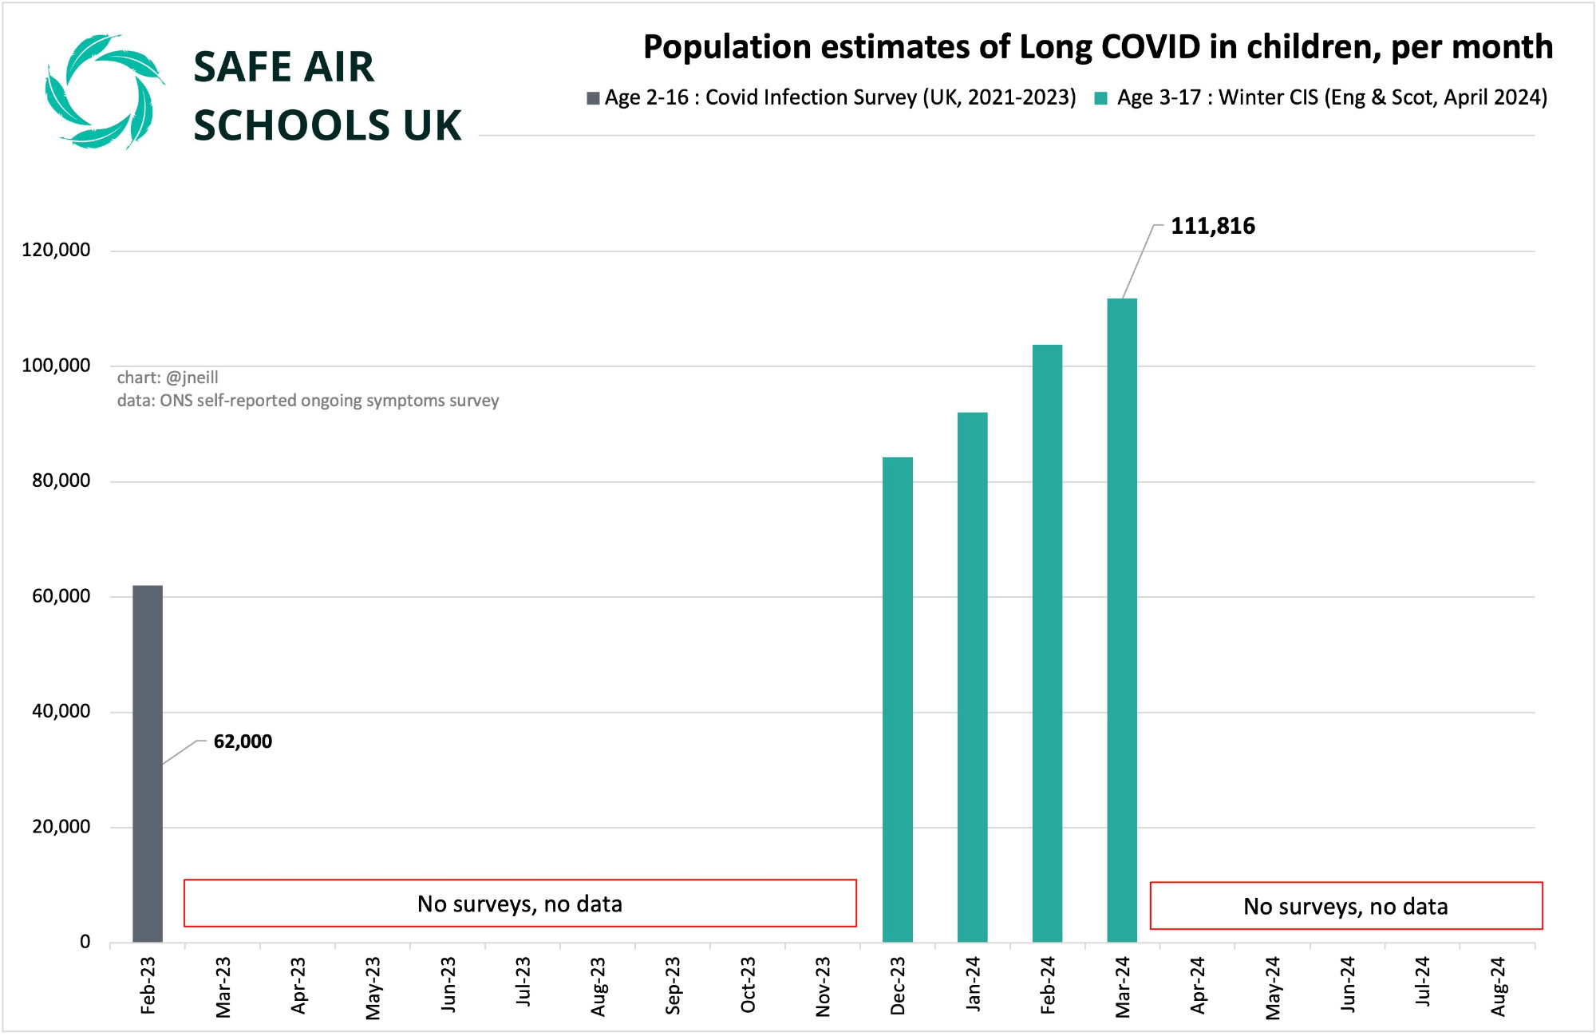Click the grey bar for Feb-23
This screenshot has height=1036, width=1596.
click(x=148, y=764)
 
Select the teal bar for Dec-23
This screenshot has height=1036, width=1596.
click(x=898, y=700)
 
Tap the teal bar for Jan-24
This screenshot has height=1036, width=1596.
click(x=973, y=678)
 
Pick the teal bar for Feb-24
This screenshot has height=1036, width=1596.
click(x=1048, y=643)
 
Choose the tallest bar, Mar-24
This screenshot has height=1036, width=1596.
click(x=1122, y=620)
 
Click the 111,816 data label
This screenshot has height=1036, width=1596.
click(x=1213, y=226)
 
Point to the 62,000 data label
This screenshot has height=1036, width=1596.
click(x=243, y=741)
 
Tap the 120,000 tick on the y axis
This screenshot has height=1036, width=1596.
click(x=56, y=250)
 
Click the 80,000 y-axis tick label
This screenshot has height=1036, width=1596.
click(x=61, y=480)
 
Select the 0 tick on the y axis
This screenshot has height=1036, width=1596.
click(x=85, y=942)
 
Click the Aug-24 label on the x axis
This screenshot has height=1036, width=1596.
click(x=1498, y=987)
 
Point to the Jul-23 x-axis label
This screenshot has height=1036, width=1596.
click(x=523, y=982)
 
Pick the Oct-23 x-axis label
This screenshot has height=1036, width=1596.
click(x=748, y=985)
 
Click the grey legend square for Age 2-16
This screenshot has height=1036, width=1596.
click(x=593, y=98)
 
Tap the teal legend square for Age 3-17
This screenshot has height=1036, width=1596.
click(x=1101, y=98)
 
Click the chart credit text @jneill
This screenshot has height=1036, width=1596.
click(x=192, y=378)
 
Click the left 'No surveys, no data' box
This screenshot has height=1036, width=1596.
click(x=520, y=904)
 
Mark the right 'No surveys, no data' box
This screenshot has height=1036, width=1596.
click(x=1346, y=906)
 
